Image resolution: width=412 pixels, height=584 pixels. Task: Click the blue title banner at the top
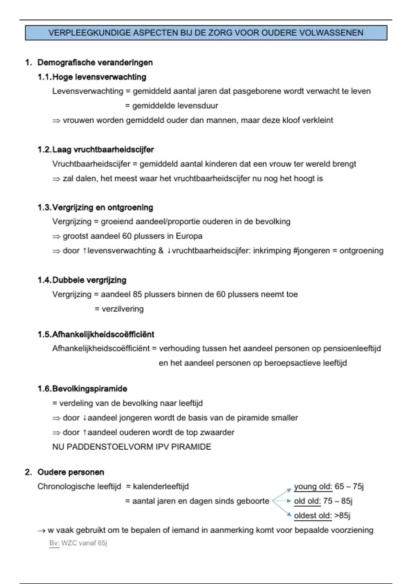coord(206,33)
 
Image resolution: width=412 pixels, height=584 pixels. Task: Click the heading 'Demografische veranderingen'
coord(95,63)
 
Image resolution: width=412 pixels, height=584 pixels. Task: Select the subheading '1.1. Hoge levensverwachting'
coord(92,77)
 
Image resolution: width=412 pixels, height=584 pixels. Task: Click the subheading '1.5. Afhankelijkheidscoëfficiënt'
coord(96,334)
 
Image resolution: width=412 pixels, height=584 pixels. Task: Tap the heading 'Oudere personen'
coord(71,472)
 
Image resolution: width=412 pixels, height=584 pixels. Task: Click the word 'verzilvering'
coord(123,309)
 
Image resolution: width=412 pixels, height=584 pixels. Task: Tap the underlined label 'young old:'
coord(313,486)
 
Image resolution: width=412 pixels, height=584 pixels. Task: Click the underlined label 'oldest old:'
coord(313,515)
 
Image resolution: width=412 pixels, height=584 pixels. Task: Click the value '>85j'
coord(342,515)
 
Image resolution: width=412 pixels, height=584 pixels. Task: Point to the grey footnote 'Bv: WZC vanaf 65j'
coord(78,543)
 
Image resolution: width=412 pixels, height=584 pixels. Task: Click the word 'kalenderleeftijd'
coord(161,486)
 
